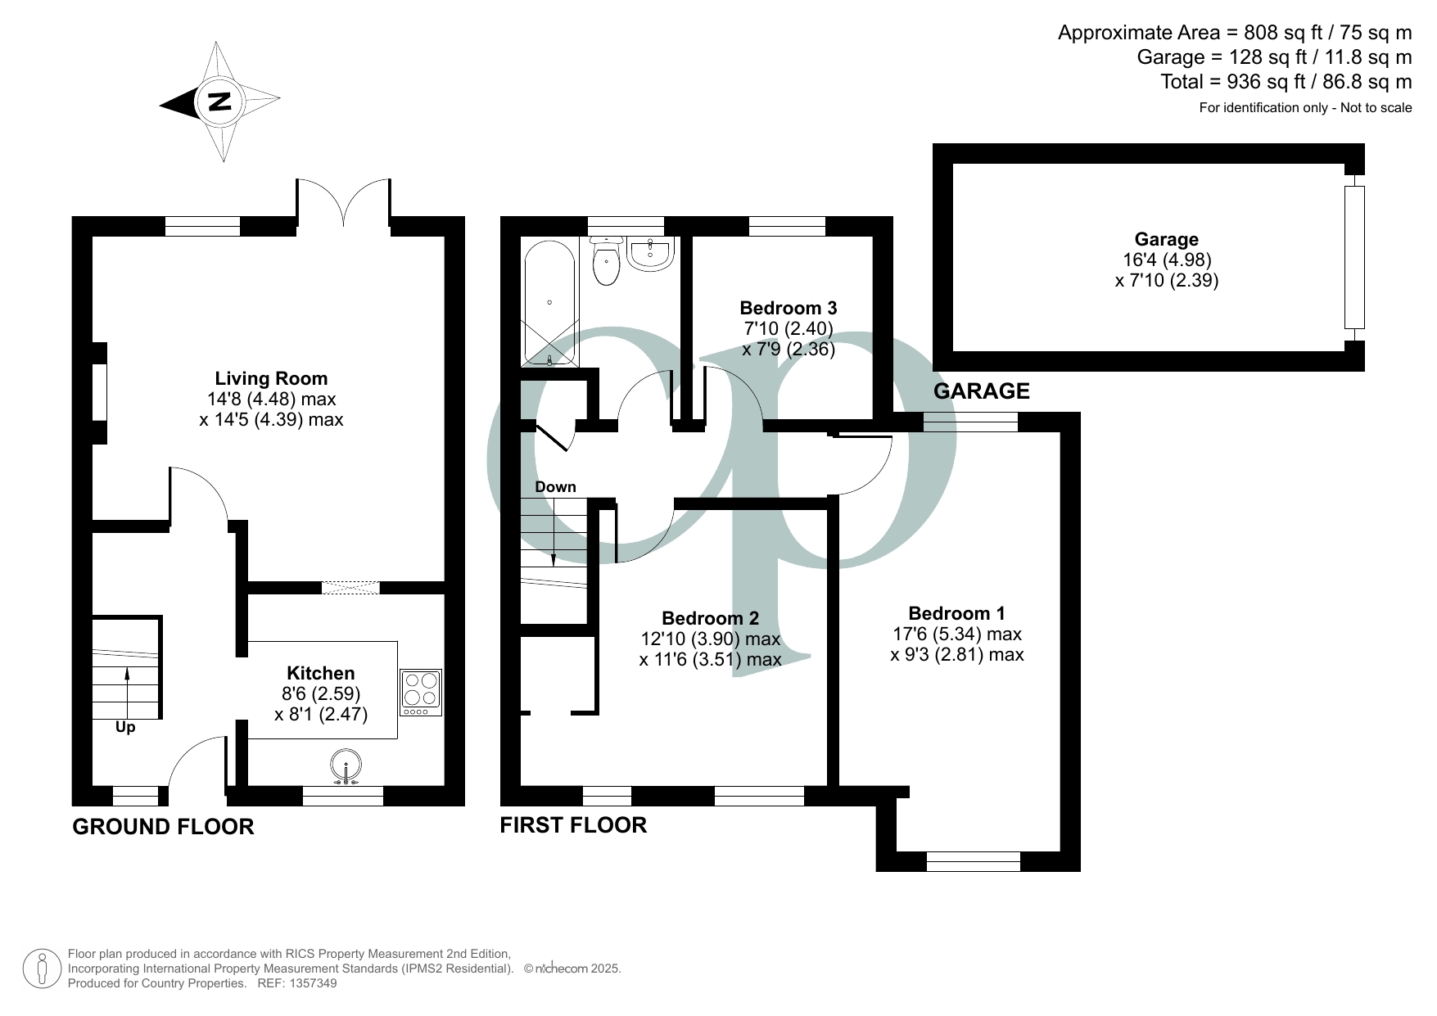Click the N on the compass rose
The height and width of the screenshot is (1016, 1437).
tap(219, 102)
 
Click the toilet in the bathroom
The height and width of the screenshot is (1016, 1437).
tap(606, 261)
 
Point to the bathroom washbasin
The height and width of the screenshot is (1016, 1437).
tap(651, 253)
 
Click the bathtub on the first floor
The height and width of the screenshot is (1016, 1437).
tap(549, 302)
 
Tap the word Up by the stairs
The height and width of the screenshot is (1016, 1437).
tap(125, 727)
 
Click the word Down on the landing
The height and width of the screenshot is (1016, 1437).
tap(555, 487)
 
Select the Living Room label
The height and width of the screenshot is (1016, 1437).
tap(271, 378)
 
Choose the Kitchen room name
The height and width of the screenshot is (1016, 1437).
tap(321, 673)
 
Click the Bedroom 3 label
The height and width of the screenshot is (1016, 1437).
tap(789, 308)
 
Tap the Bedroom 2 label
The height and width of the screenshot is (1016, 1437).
tap(711, 618)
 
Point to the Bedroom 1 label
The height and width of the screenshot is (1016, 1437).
tap(957, 613)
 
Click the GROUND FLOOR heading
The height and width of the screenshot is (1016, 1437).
tap(164, 827)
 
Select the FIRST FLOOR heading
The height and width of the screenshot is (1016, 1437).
tap(573, 824)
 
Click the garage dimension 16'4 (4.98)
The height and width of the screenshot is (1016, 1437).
tap(1167, 260)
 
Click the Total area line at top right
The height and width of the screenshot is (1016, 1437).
tap(1286, 82)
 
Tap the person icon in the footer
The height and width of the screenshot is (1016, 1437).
tap(42, 969)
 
